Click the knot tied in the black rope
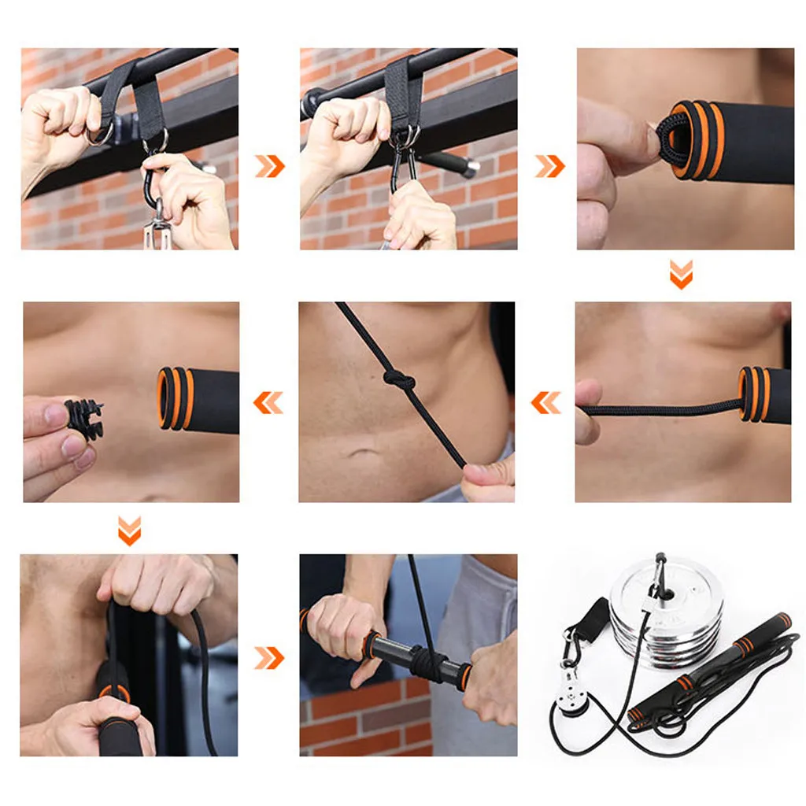click(x=400, y=381)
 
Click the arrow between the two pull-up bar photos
click(x=269, y=166)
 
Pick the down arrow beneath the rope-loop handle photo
click(x=681, y=275)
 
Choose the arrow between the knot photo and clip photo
click(x=268, y=402)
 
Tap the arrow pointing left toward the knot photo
click(x=546, y=402)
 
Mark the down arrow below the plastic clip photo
click(x=129, y=531)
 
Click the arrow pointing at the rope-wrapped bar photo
click(x=269, y=658)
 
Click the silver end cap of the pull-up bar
click(x=469, y=169)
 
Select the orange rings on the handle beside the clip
click(x=176, y=399)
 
